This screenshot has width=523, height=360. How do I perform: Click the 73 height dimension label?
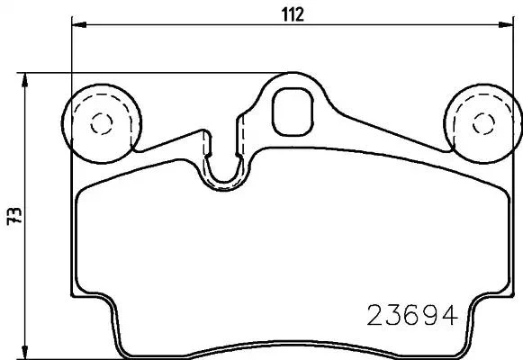click(x=12, y=216)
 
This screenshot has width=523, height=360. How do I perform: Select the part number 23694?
click(x=413, y=315)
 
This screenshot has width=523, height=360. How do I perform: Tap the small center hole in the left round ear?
click(x=101, y=122)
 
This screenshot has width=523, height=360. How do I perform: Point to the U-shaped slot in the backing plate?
click(x=224, y=167)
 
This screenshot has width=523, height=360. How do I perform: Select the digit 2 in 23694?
click(x=376, y=315)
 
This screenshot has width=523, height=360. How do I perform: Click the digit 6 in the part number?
click(x=413, y=315)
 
